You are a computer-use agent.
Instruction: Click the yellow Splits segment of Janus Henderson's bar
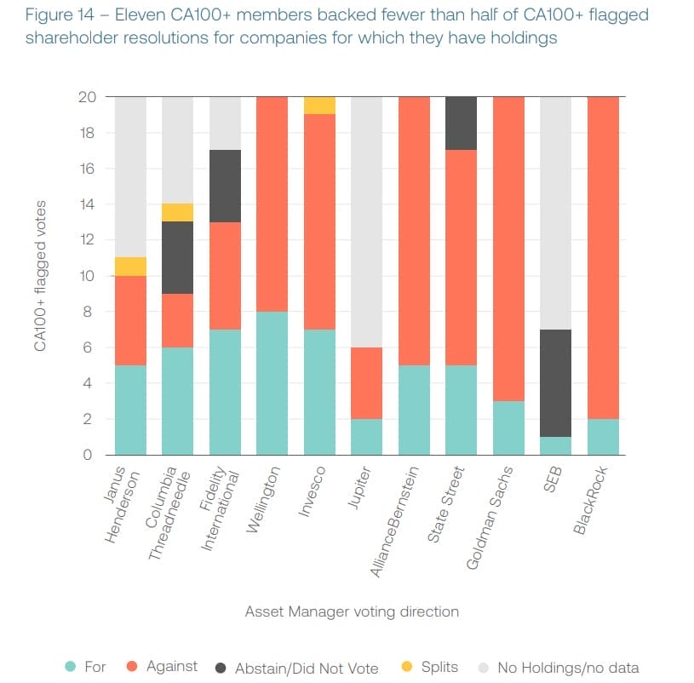click(x=130, y=267)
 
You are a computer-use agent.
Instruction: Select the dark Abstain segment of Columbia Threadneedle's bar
click(x=177, y=257)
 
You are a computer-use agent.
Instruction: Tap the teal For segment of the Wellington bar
click(x=271, y=383)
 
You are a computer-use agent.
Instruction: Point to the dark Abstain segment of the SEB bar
click(x=556, y=383)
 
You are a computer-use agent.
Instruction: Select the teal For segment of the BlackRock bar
click(x=603, y=437)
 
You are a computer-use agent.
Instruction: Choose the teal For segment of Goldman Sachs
click(x=509, y=428)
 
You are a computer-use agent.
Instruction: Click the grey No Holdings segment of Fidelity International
click(x=224, y=123)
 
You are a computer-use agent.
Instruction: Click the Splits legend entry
click(x=439, y=667)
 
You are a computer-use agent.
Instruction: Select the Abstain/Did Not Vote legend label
click(x=306, y=668)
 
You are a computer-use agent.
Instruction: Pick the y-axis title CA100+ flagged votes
click(x=41, y=276)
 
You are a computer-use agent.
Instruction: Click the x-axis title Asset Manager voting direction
click(x=352, y=611)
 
